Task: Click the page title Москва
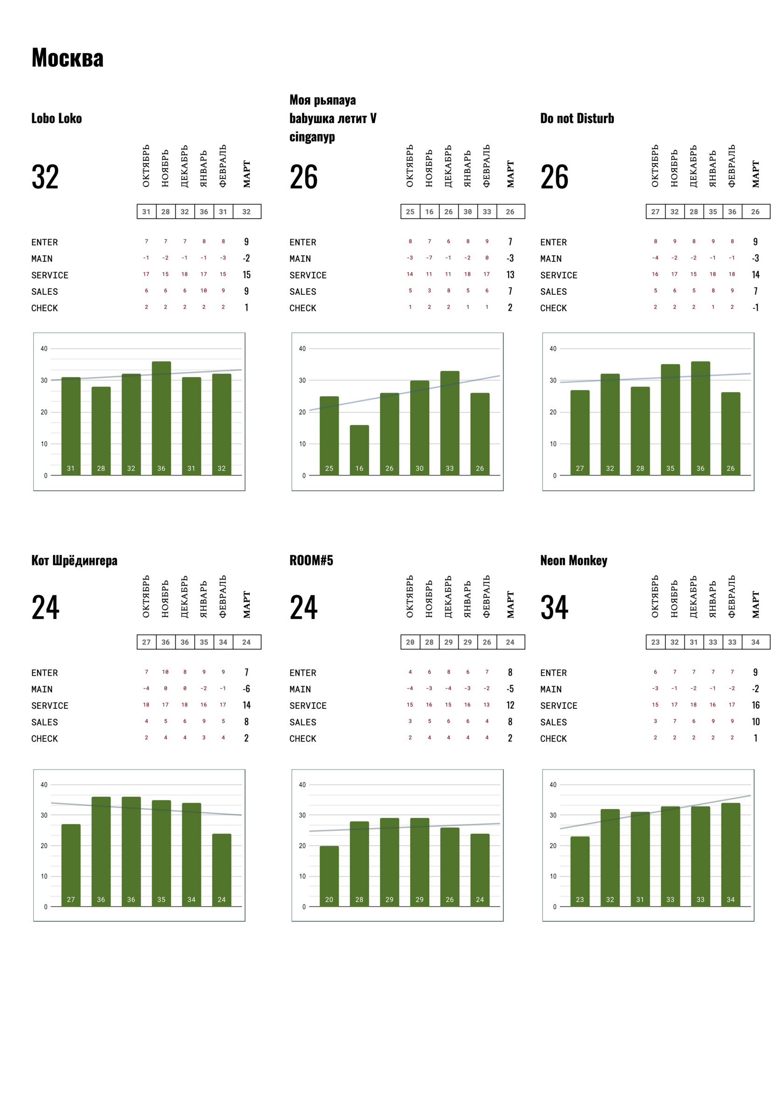[68, 58]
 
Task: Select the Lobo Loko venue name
[56, 119]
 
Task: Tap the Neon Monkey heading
[574, 560]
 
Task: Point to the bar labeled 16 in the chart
[359, 450]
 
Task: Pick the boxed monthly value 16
[429, 211]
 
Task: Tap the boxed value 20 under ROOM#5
[410, 642]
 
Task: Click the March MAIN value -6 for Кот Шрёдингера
[246, 688]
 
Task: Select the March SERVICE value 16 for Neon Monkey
[756, 705]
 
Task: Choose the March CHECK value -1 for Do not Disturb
[755, 308]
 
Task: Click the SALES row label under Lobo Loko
[44, 292]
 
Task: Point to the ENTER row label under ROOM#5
[302, 672]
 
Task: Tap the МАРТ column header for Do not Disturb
[756, 174]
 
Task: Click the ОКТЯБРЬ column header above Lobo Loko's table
[146, 166]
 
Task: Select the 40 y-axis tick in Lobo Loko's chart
[44, 349]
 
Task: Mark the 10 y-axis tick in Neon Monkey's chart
[553, 876]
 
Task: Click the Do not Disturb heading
[577, 119]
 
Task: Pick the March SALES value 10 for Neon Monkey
[756, 722]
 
